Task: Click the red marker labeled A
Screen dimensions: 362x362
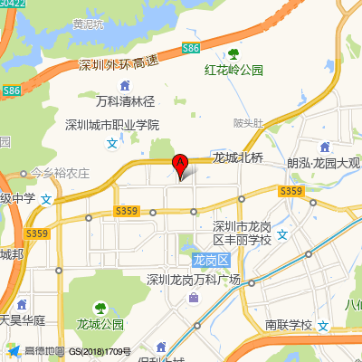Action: click(180, 165)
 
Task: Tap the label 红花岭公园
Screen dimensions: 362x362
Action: click(233, 70)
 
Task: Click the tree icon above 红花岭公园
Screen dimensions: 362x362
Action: click(233, 53)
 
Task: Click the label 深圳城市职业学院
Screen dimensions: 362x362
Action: click(112, 125)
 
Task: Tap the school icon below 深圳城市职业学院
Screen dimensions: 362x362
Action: click(112, 143)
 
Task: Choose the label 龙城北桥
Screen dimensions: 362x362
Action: click(237, 157)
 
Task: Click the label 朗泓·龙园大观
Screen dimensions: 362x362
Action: click(323, 164)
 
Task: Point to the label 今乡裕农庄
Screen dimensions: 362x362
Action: click(60, 173)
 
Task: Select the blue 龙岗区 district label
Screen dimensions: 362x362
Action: click(213, 261)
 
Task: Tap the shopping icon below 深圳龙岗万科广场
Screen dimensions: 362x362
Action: click(194, 298)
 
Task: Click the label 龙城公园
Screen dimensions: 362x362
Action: click(100, 324)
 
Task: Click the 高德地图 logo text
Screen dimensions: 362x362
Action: click(43, 351)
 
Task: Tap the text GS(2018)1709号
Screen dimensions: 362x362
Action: click(100, 351)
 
